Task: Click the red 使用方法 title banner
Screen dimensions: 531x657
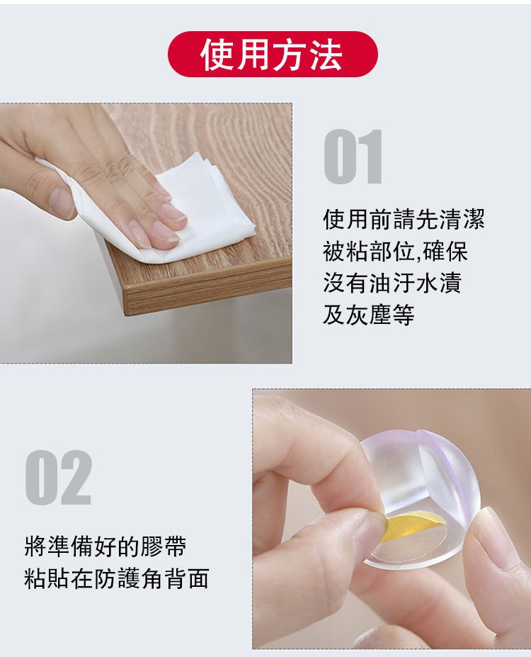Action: coord(273,54)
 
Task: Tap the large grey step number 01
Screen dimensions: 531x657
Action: coord(353,157)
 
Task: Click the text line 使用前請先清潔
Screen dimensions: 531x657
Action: coord(404,219)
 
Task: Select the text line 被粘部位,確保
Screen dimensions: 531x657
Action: coord(395,251)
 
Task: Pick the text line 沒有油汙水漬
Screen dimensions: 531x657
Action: coord(392,283)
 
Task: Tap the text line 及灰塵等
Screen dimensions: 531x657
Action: coord(369,314)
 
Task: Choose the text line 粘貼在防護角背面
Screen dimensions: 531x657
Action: coord(116,578)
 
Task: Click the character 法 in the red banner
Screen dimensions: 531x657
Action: coord(326,55)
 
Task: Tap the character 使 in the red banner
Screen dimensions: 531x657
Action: coord(217,55)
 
